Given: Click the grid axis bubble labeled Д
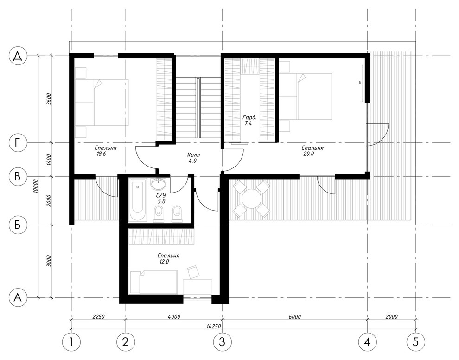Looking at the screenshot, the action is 18,56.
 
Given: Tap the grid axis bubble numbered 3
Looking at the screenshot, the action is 222,342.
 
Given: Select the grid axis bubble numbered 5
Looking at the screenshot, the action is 415,342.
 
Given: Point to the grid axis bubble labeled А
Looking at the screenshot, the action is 18,298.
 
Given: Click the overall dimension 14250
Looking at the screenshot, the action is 214,326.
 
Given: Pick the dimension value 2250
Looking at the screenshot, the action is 98,317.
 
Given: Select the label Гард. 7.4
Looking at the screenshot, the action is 249,121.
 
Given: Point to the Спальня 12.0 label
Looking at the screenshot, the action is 168,259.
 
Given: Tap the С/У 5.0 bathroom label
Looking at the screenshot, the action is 160,198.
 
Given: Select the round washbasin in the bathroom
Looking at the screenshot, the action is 159,184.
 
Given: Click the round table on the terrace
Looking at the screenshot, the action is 251,198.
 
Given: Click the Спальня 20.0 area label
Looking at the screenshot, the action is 312,151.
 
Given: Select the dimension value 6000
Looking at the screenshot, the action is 294,317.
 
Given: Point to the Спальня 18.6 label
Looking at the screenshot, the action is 105,151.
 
